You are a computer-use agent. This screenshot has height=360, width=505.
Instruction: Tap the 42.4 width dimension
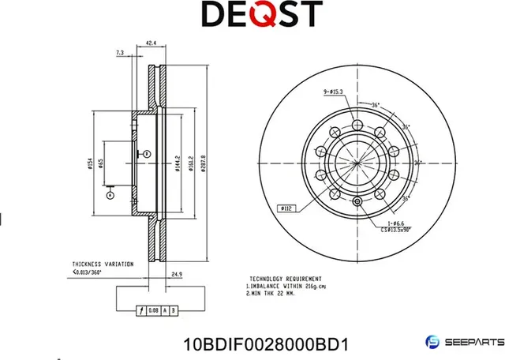click(x=150, y=45)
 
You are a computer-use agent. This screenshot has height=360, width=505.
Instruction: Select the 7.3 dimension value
click(x=120, y=53)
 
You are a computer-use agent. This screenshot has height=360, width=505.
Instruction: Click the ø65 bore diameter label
click(x=101, y=163)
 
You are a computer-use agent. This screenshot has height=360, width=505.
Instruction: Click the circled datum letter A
click(x=110, y=193)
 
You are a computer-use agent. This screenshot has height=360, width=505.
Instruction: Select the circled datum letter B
click(x=145, y=152)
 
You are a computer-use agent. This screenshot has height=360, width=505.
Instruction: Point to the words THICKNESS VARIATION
click(x=103, y=264)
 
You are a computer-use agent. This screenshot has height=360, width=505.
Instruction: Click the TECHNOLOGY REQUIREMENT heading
click(x=285, y=279)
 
